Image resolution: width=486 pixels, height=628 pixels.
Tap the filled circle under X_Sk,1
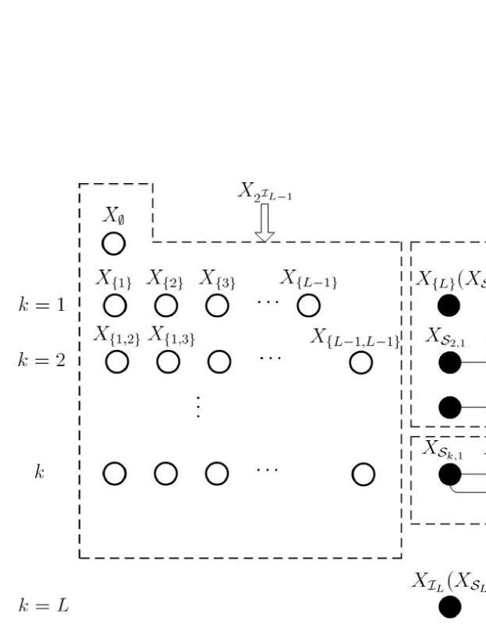pyautogui.click(x=449, y=472)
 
